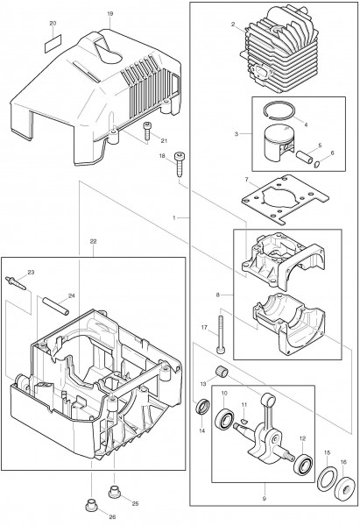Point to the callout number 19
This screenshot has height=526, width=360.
pyautogui.click(x=110, y=15)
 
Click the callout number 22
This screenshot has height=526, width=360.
pyautogui.click(x=93, y=242)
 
